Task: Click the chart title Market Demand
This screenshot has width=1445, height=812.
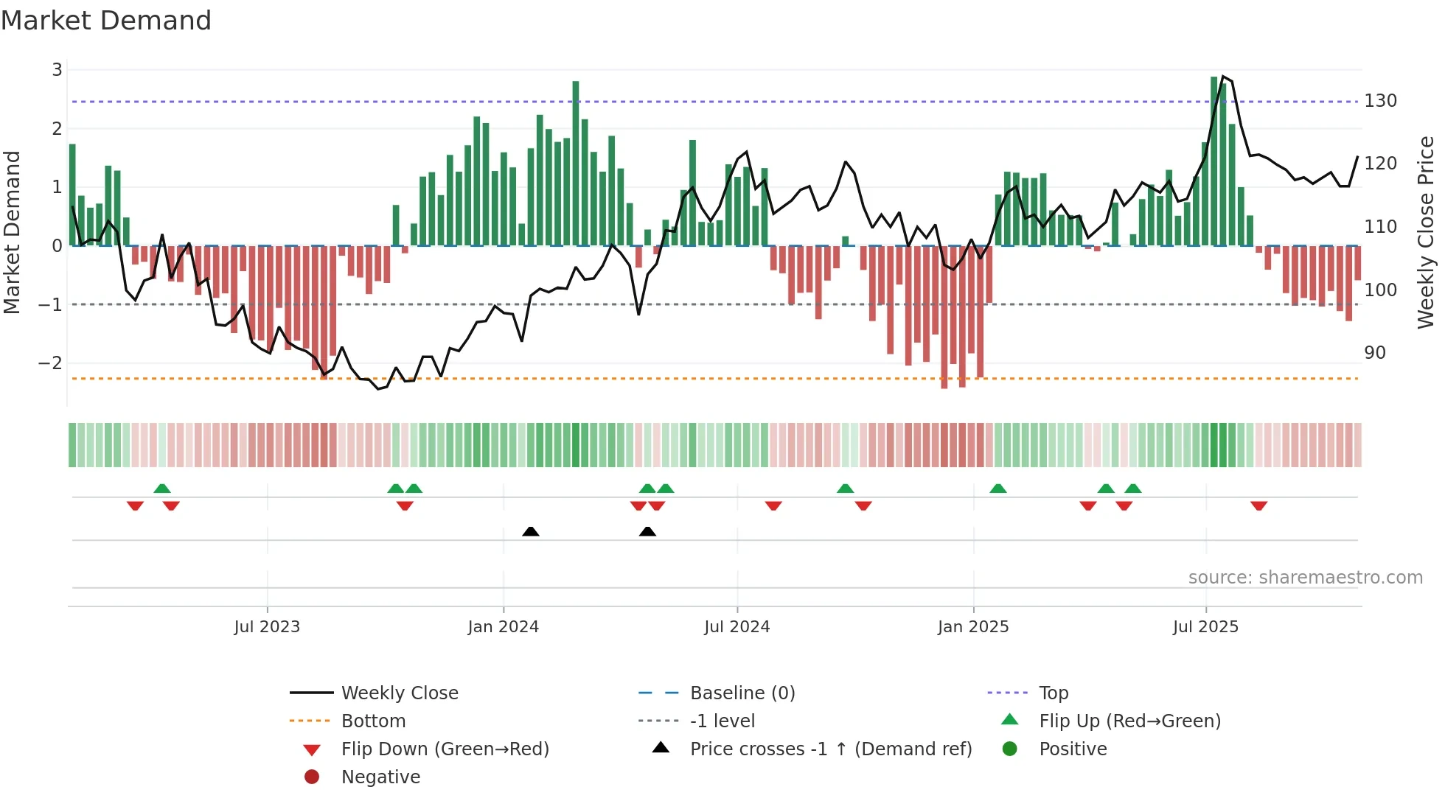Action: [x=106, y=21]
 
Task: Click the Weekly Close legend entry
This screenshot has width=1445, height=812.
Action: [x=399, y=693]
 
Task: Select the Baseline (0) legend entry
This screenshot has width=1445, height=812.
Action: [x=742, y=693]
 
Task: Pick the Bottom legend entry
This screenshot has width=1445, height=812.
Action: [x=373, y=721]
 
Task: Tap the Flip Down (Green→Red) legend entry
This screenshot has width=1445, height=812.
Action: [x=445, y=749]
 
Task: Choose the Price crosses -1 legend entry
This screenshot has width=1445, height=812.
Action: [x=830, y=749]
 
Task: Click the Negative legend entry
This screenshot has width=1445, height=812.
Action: [x=380, y=777]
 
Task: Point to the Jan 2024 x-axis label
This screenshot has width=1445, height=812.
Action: [x=503, y=627]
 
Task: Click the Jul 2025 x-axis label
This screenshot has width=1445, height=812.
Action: [x=1205, y=627]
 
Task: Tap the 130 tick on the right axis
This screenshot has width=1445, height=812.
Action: [x=1380, y=101]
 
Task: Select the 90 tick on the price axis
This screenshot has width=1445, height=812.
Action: [x=1374, y=353]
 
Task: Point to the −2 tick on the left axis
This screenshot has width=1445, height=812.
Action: [x=50, y=363]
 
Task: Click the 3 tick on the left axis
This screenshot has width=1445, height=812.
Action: [x=57, y=70]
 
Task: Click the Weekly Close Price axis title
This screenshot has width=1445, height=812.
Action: [x=1426, y=232]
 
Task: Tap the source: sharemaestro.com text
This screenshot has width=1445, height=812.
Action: [x=1305, y=578]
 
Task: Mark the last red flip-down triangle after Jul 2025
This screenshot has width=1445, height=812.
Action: [x=1258, y=505]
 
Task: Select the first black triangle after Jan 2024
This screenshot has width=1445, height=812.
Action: [x=530, y=531]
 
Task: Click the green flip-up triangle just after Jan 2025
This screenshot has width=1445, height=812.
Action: [x=997, y=489]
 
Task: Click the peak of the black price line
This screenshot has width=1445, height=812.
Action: [x=1223, y=77]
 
